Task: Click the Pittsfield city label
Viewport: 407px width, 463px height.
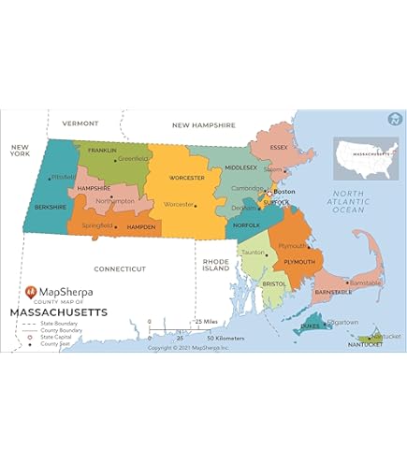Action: click(63, 177)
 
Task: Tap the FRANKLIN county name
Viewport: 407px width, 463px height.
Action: click(102, 150)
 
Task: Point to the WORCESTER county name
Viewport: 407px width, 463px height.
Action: click(186, 176)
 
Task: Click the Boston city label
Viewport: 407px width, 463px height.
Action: click(284, 192)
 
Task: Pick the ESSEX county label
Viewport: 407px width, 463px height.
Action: click(279, 148)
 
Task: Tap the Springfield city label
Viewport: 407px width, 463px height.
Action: click(97, 225)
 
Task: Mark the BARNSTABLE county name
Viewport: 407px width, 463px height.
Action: click(334, 293)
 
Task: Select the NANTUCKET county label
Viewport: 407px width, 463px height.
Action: click(366, 345)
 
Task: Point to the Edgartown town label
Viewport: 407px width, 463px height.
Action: click(342, 322)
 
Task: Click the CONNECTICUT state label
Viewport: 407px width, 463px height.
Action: click(121, 268)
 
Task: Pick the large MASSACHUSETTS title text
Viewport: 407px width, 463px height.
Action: click(58, 312)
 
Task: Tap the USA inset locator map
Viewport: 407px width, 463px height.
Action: click(366, 158)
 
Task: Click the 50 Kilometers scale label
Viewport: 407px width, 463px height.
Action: click(225, 338)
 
